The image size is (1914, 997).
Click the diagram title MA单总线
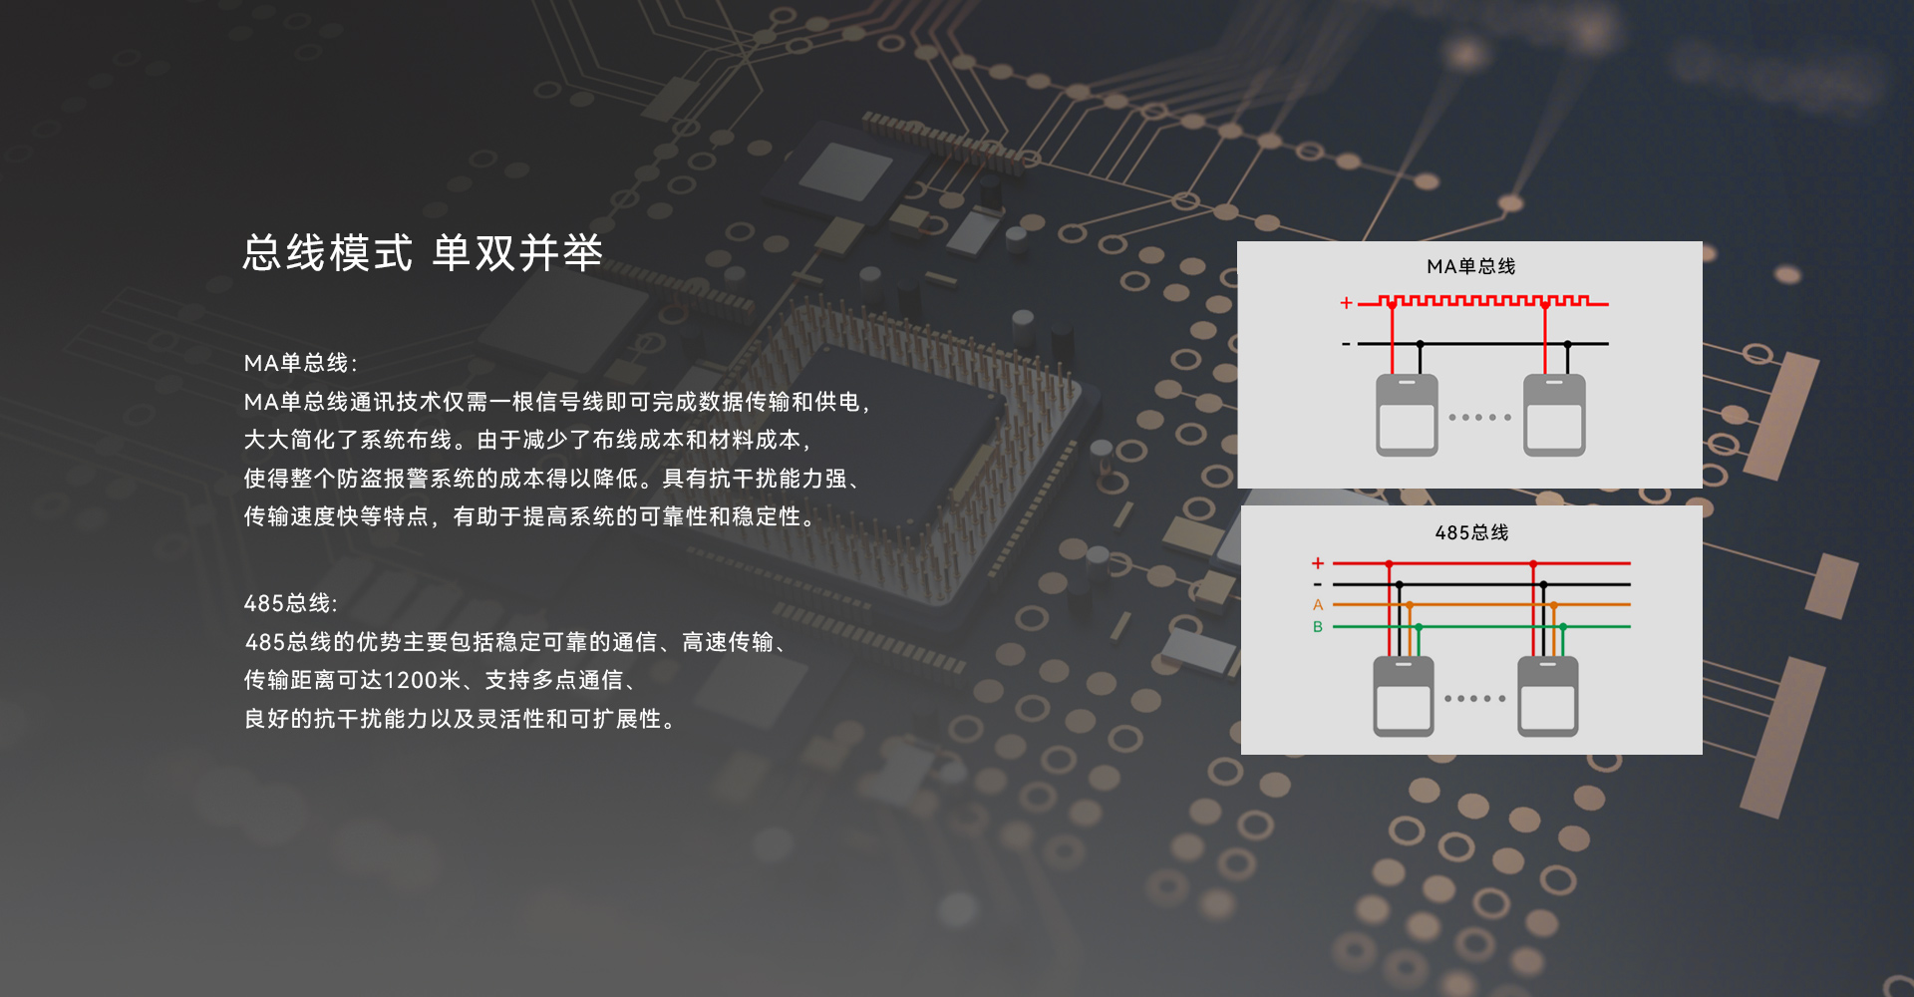[x=1470, y=266]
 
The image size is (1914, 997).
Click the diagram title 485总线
[x=1471, y=532]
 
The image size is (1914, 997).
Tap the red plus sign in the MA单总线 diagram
[x=1346, y=302]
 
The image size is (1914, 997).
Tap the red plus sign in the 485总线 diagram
[x=1318, y=563]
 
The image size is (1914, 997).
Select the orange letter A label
[x=1318, y=605]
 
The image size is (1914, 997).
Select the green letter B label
[x=1318, y=627]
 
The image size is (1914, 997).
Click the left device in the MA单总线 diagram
[x=1407, y=415]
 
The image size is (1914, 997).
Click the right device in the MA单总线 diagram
[x=1554, y=415]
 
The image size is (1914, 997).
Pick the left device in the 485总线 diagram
[x=1403, y=696]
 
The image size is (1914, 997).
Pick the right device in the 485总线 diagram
[x=1547, y=696]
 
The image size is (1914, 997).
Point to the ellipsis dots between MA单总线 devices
[x=1479, y=417]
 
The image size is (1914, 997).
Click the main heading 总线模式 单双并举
[x=423, y=253]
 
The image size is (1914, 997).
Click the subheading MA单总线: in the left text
[x=300, y=363]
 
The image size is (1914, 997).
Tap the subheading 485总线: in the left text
[x=291, y=603]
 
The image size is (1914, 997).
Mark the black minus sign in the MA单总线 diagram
[x=1346, y=344]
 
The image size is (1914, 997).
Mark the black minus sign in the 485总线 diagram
[x=1318, y=584]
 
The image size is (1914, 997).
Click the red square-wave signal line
[x=1485, y=300]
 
